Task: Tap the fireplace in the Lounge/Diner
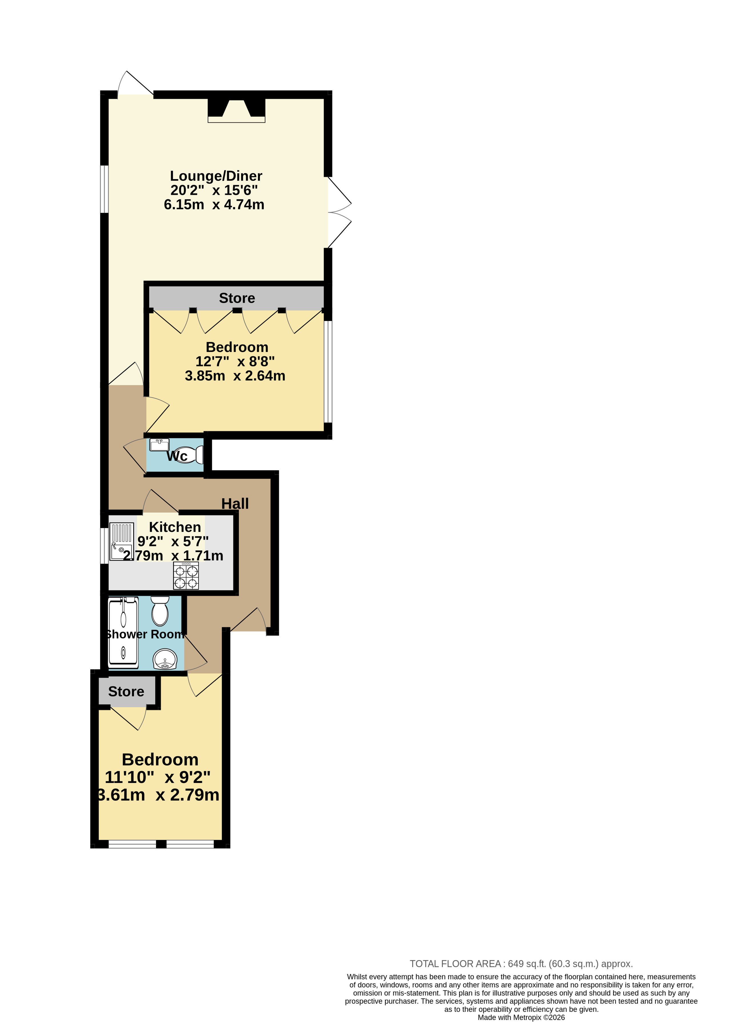tap(237, 110)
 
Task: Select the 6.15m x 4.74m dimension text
tap(214, 205)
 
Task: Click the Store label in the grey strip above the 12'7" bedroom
tap(237, 298)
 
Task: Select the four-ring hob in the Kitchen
tap(186, 576)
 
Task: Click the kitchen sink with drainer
tap(121, 542)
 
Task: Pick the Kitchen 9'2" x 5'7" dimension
tap(173, 541)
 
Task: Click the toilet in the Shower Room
tap(160, 611)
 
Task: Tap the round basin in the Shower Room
tap(165, 659)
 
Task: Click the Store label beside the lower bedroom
tap(126, 691)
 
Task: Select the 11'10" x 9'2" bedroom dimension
tap(158, 777)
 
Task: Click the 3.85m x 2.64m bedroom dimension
tap(235, 376)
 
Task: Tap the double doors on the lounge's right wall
tap(339, 212)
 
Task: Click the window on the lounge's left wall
tap(104, 189)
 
